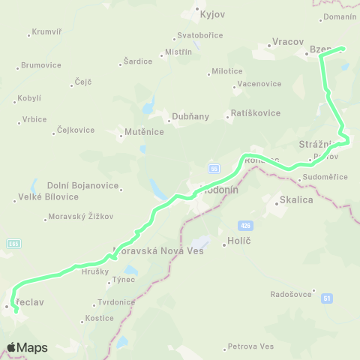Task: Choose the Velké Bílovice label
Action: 47,197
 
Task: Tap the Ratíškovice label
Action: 255,113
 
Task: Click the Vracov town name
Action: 286,42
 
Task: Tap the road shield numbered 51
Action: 327,298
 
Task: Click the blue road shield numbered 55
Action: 214,168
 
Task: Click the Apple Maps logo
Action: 27,347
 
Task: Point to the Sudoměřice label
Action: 324,177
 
